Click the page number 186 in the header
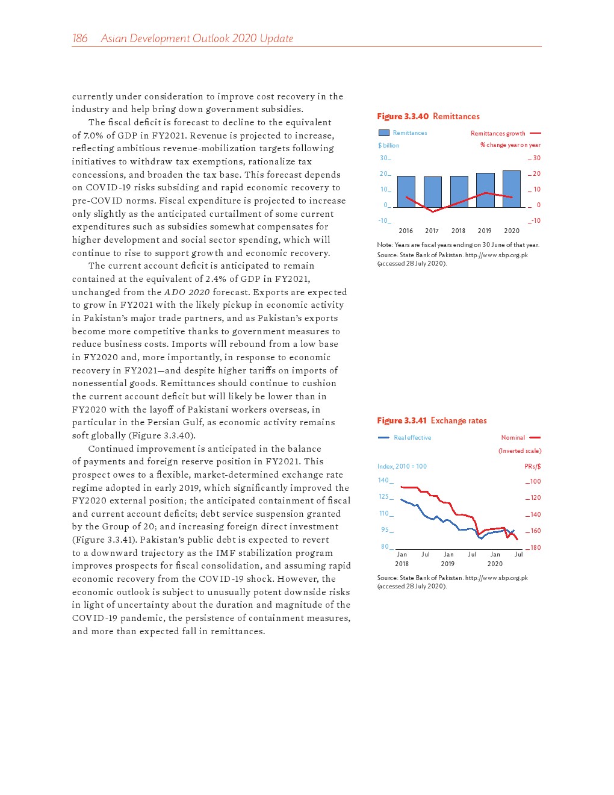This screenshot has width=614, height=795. [80, 39]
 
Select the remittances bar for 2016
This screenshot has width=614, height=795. [406, 192]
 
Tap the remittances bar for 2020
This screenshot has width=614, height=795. [512, 189]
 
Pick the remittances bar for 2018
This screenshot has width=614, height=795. [459, 192]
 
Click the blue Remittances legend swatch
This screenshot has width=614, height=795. [383, 133]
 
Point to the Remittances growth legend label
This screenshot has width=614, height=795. [498, 134]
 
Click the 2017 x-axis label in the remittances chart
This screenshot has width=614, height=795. [432, 231]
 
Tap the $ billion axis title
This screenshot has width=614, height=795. [388, 146]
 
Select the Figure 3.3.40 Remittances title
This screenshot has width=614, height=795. [428, 116]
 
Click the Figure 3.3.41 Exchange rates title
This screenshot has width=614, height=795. [432, 420]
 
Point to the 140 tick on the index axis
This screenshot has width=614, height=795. [383, 481]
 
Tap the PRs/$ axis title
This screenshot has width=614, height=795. [532, 467]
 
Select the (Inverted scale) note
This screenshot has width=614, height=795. [519, 451]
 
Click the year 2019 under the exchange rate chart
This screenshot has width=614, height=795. [447, 564]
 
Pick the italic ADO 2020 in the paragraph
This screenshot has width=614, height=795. [187, 292]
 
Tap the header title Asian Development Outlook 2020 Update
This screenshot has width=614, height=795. [197, 39]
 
